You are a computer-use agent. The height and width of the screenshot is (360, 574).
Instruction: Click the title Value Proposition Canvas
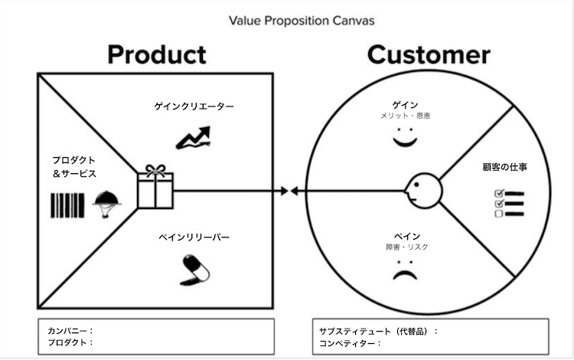(x=302, y=20)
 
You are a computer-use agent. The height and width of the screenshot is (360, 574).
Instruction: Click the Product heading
(x=156, y=54)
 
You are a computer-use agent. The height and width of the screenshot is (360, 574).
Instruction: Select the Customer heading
(x=429, y=54)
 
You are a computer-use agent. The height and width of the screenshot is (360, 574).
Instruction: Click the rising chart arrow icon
(x=193, y=137)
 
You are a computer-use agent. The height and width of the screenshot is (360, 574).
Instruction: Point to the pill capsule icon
(x=194, y=268)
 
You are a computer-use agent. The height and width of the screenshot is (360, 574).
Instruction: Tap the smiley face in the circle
(x=404, y=139)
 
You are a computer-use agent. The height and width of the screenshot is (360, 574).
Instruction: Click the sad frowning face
(x=403, y=271)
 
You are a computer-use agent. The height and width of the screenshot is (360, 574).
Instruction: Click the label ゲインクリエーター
(x=193, y=106)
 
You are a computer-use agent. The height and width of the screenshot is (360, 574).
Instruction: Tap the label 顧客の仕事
(x=504, y=166)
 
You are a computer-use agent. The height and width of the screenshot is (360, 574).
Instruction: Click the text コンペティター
(x=347, y=343)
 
